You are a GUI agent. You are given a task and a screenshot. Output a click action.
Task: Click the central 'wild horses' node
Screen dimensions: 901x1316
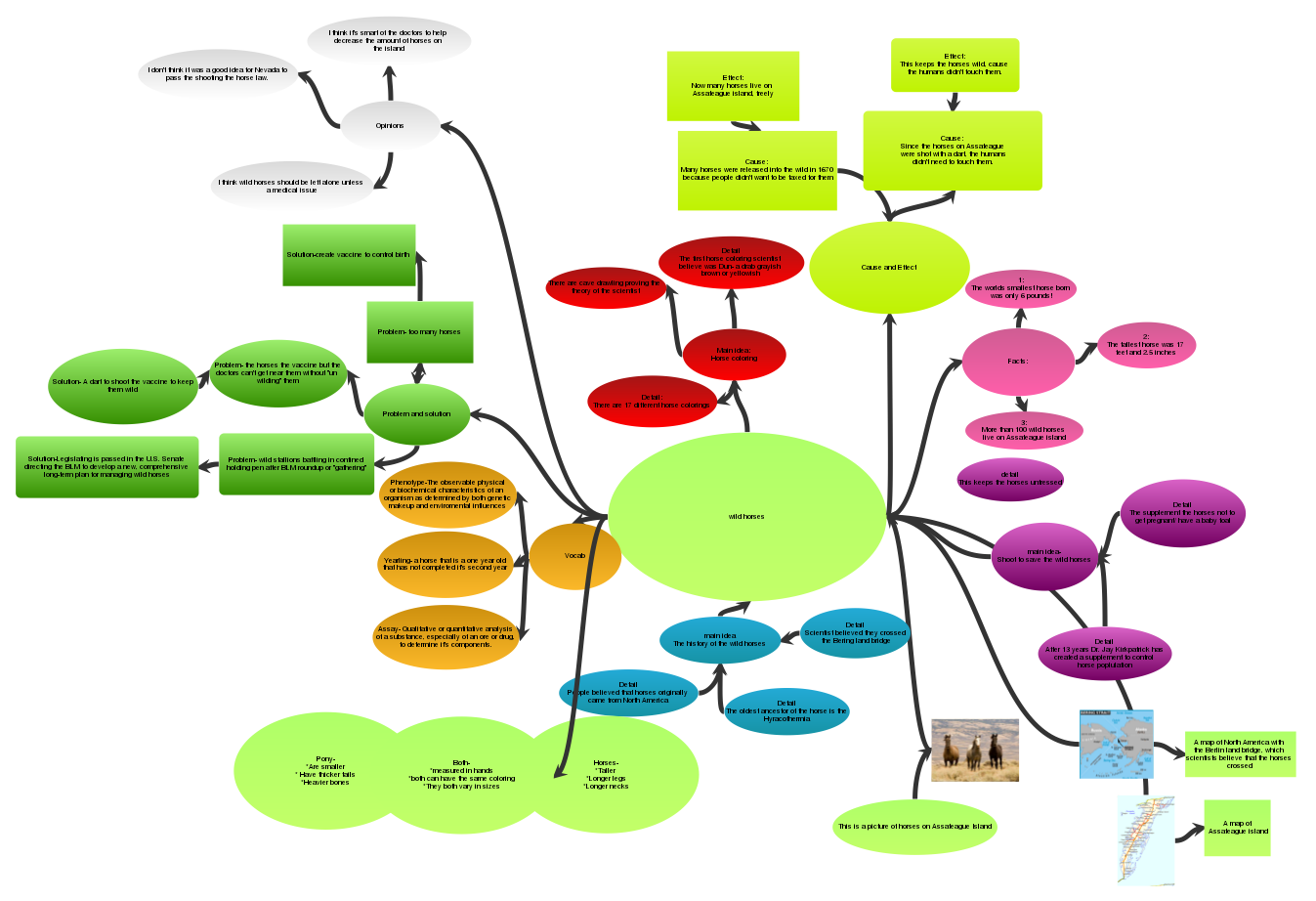click(x=746, y=516)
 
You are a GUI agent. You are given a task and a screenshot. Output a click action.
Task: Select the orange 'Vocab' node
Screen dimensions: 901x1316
click(x=574, y=556)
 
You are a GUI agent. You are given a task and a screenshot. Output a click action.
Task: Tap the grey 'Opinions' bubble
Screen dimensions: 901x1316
click(x=390, y=125)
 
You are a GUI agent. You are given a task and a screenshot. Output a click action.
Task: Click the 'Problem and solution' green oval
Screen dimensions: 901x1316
click(x=416, y=413)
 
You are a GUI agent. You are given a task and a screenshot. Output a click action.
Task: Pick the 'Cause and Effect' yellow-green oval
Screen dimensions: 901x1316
click(x=889, y=267)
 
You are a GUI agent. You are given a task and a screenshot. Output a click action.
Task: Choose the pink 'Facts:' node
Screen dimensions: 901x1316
click(x=1018, y=362)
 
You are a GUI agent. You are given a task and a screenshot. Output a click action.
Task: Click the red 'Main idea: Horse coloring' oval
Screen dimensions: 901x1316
click(x=734, y=354)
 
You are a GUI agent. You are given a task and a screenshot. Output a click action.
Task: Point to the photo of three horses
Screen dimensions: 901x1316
click(x=974, y=751)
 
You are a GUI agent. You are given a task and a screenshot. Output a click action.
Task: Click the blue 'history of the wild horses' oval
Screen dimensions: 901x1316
click(x=719, y=640)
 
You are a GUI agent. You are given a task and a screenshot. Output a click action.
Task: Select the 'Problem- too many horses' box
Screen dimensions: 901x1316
click(x=419, y=332)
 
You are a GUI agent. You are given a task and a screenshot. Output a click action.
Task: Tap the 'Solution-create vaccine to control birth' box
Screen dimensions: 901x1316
click(x=349, y=255)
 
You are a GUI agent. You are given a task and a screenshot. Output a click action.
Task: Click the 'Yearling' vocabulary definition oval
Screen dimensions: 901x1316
click(x=446, y=563)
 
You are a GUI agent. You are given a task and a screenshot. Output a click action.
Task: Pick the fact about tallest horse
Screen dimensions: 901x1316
click(x=1145, y=345)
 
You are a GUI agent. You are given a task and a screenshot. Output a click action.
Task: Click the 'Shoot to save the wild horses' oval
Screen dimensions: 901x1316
click(x=1043, y=556)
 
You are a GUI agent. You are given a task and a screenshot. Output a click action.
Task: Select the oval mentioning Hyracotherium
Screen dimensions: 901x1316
click(x=786, y=710)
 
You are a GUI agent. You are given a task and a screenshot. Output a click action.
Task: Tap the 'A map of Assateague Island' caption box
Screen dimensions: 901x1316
click(x=1237, y=828)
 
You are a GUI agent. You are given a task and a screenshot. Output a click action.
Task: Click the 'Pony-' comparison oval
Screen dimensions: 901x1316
click(x=325, y=771)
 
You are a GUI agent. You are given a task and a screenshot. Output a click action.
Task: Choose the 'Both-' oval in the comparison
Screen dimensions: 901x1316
click(x=461, y=773)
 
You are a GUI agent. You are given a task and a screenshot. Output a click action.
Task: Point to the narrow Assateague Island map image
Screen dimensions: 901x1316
click(x=1145, y=839)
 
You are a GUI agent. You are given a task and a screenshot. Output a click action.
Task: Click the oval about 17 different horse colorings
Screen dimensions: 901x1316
click(x=652, y=402)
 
